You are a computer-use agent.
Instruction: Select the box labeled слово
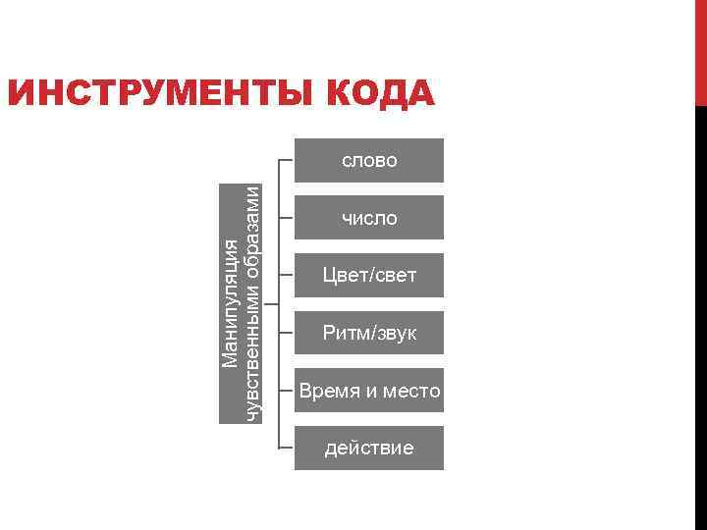pyautogui.click(x=369, y=160)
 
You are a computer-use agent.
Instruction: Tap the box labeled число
pyautogui.click(x=369, y=218)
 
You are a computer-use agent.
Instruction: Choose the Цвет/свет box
pyautogui.click(x=369, y=276)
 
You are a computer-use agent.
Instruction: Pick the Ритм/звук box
pyautogui.click(x=369, y=334)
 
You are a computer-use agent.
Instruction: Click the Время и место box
pyautogui.click(x=369, y=392)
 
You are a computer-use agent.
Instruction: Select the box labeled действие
pyautogui.click(x=369, y=449)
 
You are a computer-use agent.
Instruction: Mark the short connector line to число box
pyautogui.click(x=287, y=218)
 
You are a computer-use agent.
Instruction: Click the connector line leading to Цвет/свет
pyautogui.click(x=287, y=276)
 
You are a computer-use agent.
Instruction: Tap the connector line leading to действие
pyautogui.click(x=287, y=449)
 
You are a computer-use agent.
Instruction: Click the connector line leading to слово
pyautogui.click(x=287, y=160)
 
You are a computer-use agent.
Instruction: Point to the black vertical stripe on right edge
pyautogui.click(x=700, y=314)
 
